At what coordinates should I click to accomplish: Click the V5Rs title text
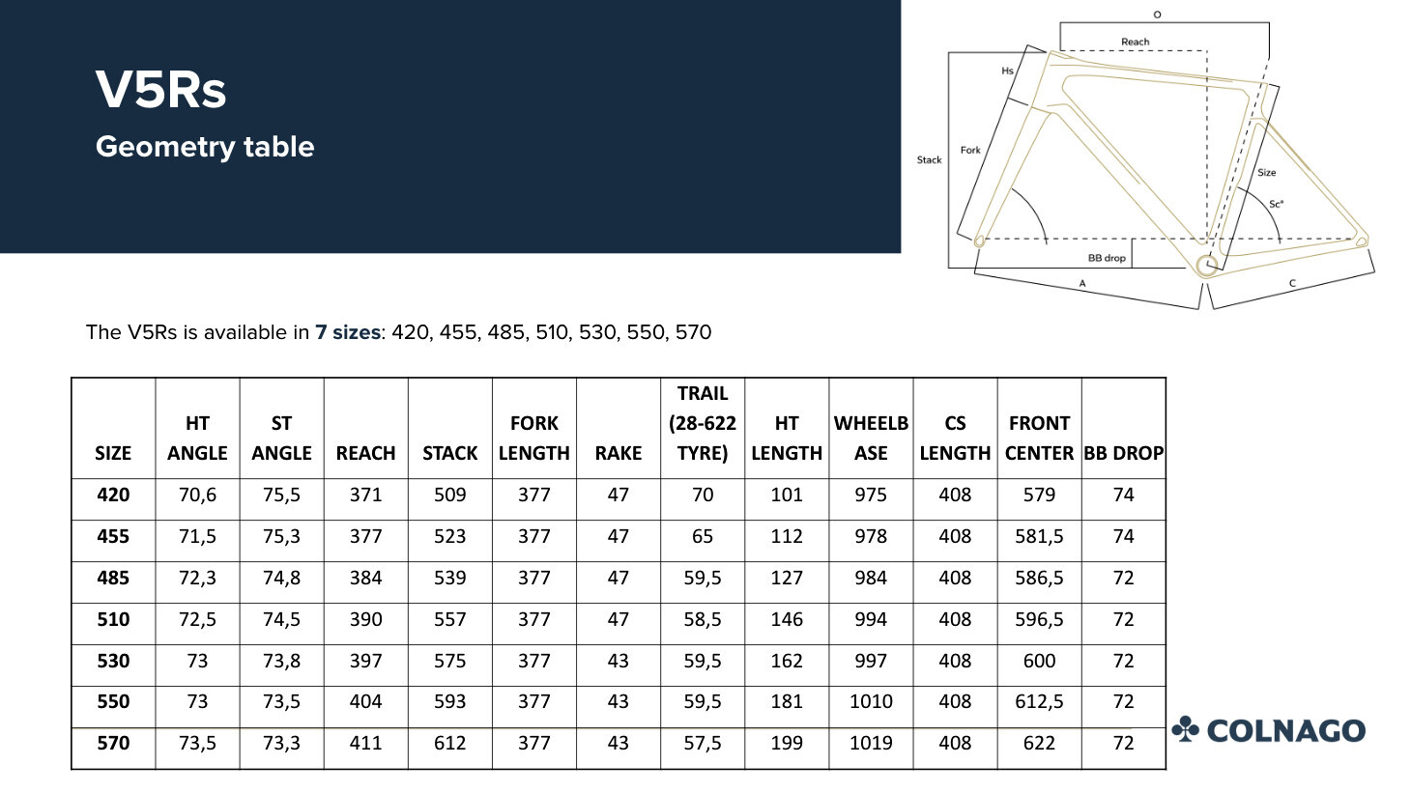pos(160,90)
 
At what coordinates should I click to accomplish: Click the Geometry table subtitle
pos(205,147)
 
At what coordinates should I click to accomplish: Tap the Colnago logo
pos(1269,730)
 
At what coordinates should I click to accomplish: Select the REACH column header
pos(365,453)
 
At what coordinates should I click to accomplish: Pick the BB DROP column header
pos(1123,453)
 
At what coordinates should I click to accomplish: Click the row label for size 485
pos(113,578)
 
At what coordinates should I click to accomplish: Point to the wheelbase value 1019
pos(870,743)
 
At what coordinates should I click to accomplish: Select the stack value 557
pos(449,619)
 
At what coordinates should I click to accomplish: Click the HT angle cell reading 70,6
pos(197,495)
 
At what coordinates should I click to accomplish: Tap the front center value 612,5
pos(1039,701)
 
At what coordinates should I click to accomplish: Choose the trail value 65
pos(703,536)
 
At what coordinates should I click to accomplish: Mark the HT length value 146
pos(787,619)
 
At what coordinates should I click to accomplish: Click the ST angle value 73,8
pos(281,661)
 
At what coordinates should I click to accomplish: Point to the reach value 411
pos(365,743)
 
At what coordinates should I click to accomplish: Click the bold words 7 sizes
pos(347,332)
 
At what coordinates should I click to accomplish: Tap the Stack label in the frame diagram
pos(929,160)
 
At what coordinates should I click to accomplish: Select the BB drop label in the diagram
pos(1107,258)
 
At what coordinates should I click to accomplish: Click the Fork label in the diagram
pos(970,150)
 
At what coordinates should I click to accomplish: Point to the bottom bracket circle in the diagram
pos(1206,266)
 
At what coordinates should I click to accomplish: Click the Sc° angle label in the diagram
pos(1276,204)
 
